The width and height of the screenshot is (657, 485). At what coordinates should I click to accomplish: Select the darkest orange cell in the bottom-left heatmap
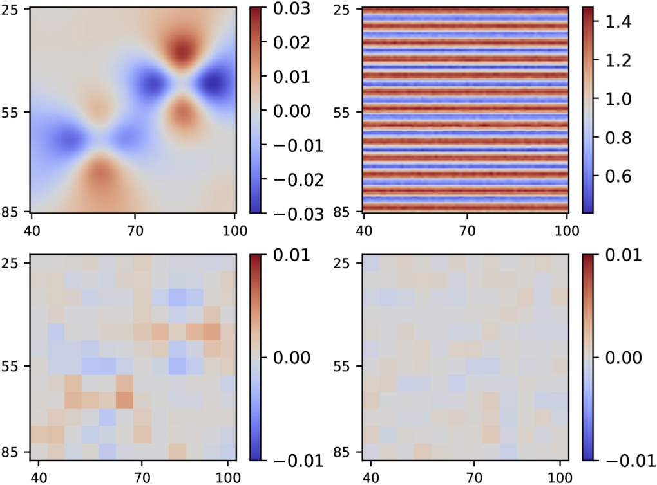[124, 399]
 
